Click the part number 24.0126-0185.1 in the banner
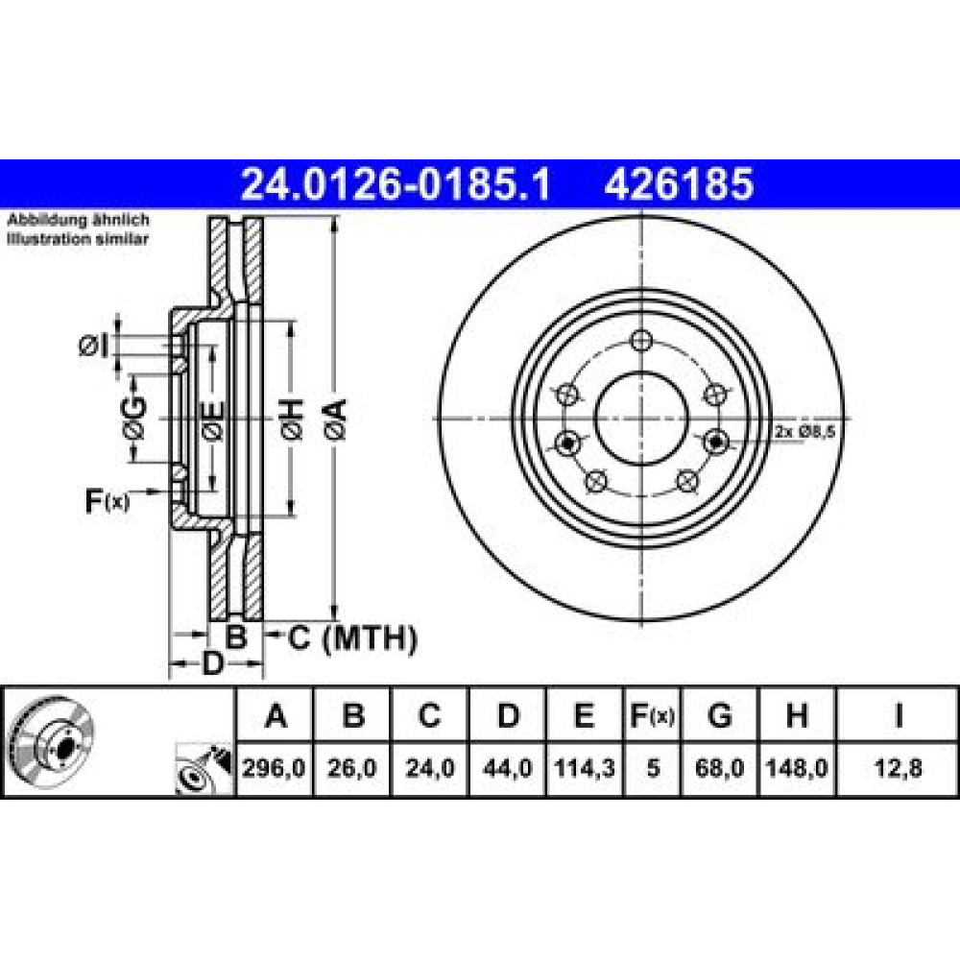396,184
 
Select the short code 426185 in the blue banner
679,184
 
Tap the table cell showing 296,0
274,768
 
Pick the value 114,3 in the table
585,768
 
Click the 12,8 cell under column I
898,768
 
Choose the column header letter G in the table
719,715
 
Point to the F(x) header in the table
653,715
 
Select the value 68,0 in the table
719,768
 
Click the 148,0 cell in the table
797,768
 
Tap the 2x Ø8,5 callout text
804,432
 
